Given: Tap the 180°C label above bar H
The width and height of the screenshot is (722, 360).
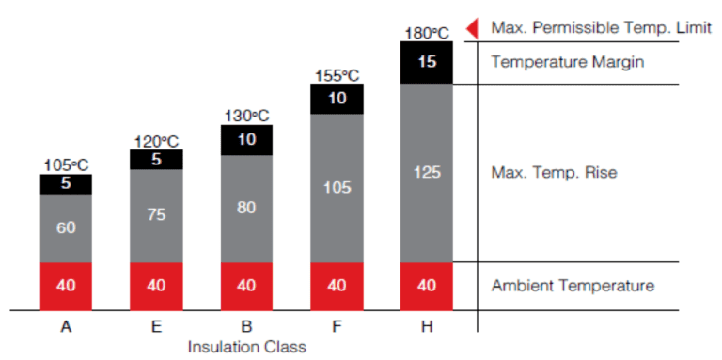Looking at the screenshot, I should pos(427,33).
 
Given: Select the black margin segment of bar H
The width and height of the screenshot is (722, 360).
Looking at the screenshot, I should pos(427,63).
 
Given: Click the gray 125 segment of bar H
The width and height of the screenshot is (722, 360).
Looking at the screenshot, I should pos(427,173).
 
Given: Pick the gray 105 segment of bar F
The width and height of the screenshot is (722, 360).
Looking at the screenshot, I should pos(337,188).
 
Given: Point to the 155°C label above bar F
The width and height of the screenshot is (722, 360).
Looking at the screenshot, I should pos(337,75).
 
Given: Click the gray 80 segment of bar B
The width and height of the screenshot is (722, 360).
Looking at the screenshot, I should pos(246,208).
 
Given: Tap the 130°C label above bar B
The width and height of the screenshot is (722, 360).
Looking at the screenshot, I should pos(246,117).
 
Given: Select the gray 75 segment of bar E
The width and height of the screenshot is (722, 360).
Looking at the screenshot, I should pos(156,215).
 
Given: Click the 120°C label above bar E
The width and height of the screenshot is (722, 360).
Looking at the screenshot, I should pos(156,142).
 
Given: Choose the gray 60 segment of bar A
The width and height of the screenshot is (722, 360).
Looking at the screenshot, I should pos(66,227).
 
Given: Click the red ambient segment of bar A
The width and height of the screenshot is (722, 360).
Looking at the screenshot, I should pos(66,286).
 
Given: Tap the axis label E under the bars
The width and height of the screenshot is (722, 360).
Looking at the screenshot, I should pos(156,326).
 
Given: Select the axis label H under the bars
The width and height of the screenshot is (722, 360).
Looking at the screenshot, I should pos(427,326).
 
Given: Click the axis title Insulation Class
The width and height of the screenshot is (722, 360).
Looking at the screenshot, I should pos(246,346).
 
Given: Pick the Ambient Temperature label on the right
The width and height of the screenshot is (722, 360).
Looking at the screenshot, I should pos(572,286).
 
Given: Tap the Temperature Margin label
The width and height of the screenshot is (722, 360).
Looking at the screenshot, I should pos(559,63).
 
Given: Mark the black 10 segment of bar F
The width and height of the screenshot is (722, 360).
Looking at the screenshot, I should pos(337,99).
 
